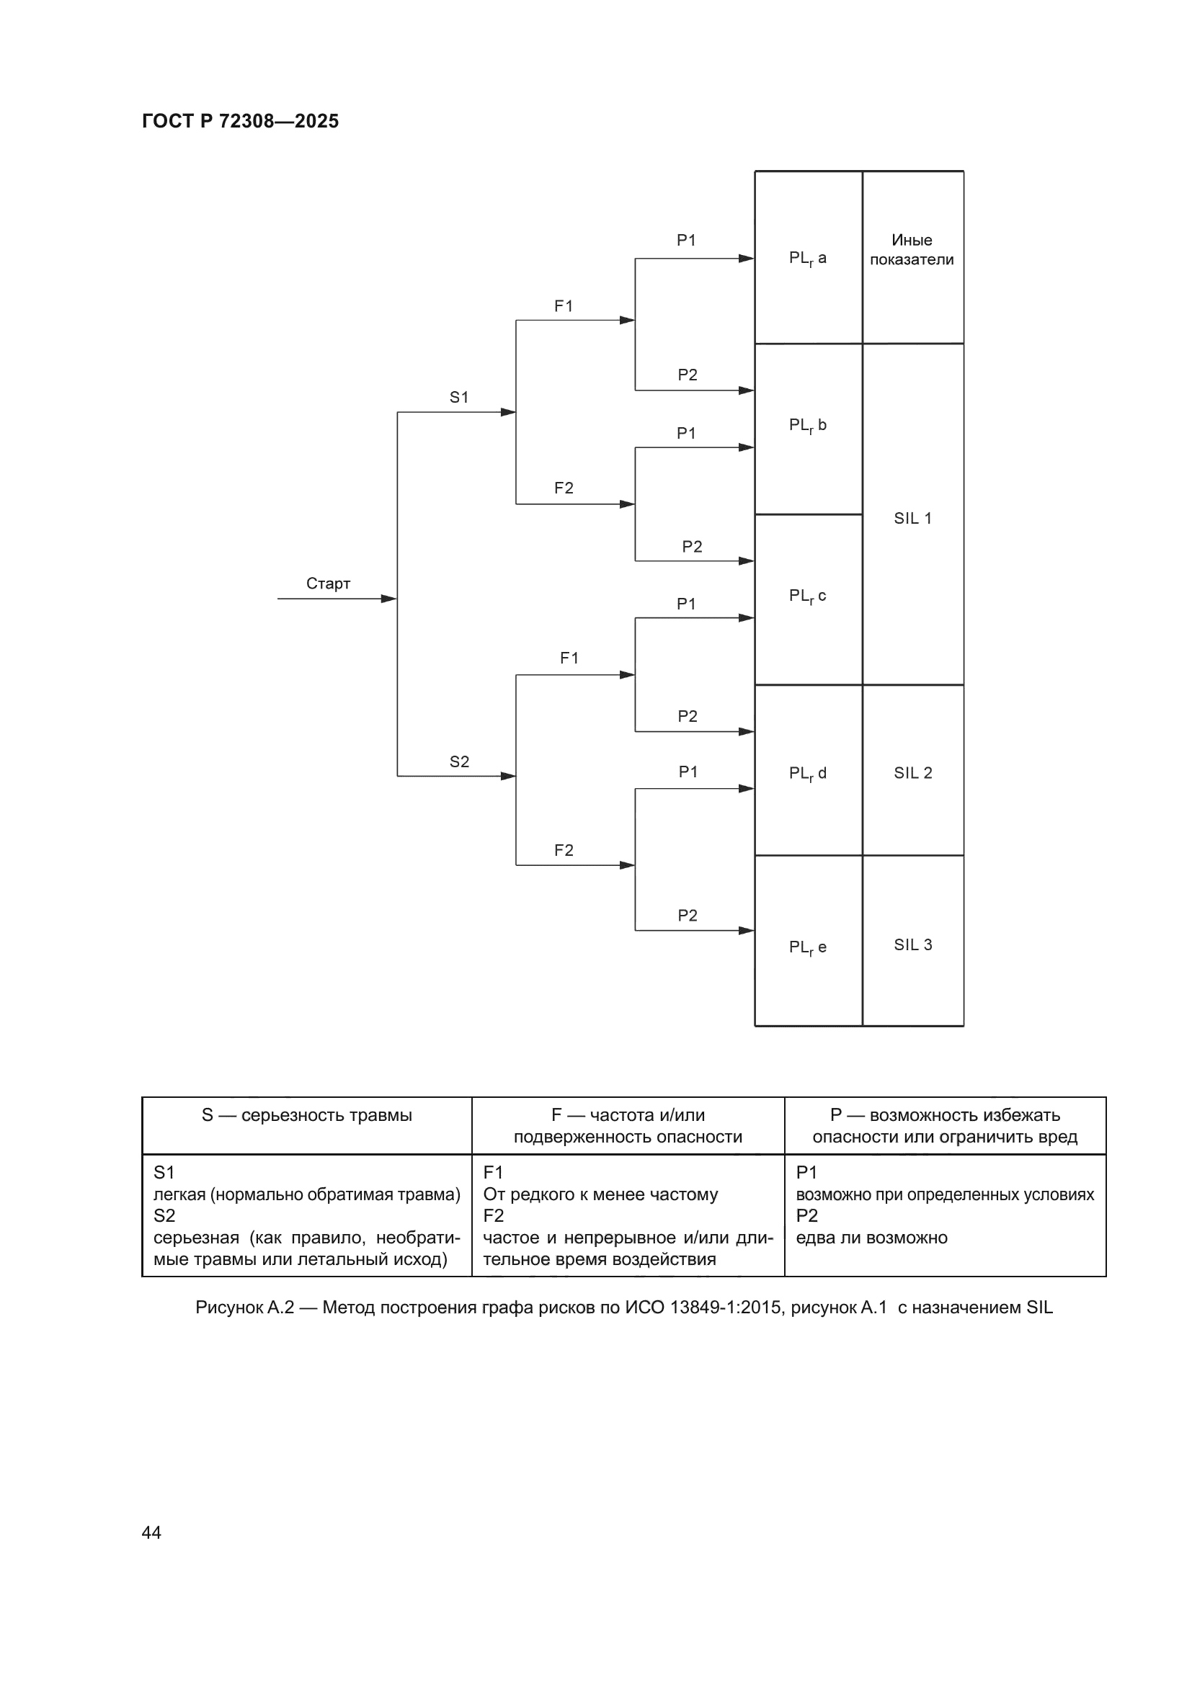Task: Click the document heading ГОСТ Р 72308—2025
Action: pos(240,121)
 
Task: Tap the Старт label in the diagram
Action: pos(328,584)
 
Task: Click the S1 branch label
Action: pos(459,397)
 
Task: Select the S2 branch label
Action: pos(459,761)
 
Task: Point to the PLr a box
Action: pos(807,258)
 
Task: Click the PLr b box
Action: pos(807,425)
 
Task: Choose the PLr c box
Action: pos(807,596)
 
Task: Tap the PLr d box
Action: pos(807,773)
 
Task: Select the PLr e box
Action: pos(807,947)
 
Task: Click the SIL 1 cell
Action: pos(912,518)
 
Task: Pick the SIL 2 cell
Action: pos(912,773)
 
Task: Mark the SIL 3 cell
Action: pos(912,944)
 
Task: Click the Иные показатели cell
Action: pos(912,249)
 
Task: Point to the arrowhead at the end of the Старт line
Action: pos(389,599)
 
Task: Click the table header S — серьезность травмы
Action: pos(307,1114)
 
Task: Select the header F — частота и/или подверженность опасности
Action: pos(628,1125)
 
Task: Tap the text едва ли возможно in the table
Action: pos(871,1238)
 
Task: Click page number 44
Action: pos(151,1532)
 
